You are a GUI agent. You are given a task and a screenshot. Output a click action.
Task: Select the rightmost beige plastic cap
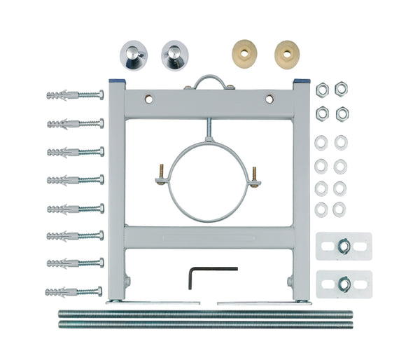[286, 53]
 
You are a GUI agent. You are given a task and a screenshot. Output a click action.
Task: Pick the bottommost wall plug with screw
[73, 291]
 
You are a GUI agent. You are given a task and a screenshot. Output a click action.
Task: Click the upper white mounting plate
[343, 246]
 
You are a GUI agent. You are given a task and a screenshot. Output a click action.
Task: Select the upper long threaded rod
[205, 314]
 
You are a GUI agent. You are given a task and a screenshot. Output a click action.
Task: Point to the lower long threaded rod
[205, 324]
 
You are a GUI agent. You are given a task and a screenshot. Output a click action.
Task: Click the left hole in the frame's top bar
[148, 99]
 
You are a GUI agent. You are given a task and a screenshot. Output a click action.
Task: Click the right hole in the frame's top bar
[269, 99]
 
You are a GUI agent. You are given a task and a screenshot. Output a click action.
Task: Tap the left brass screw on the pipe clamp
[160, 172]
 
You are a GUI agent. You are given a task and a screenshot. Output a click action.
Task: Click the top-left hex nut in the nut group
[322, 89]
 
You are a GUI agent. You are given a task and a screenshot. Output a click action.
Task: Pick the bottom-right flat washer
[339, 208]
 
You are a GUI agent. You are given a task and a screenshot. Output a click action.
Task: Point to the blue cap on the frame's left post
[116, 82]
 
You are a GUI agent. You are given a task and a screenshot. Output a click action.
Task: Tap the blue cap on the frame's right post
[302, 82]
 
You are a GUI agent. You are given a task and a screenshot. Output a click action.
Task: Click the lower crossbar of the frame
[209, 237]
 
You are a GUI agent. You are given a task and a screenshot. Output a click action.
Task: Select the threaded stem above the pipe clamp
[208, 130]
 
